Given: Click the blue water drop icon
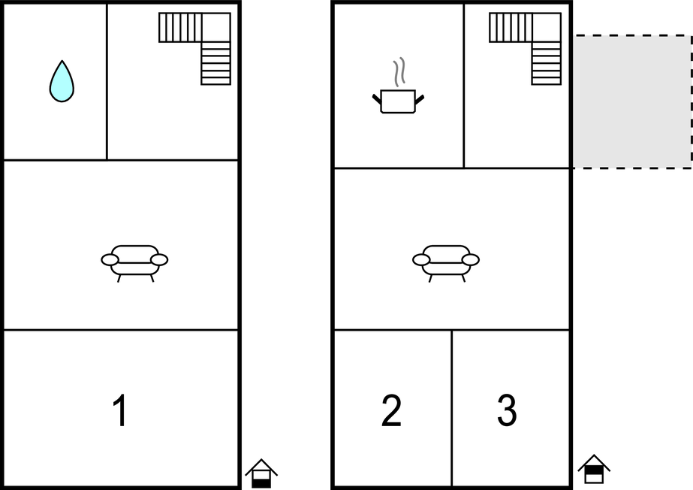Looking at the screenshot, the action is pos(62,82).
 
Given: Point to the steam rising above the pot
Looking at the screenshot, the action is pos(399,71).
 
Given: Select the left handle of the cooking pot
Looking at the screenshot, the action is pos(377,99).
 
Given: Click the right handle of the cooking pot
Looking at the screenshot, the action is pos(420,99).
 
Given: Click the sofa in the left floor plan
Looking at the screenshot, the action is pos(134,263).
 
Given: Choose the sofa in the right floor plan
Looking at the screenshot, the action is pos(446,263).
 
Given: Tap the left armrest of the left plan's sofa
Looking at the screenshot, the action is pos(110,260).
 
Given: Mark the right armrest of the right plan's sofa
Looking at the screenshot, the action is pos(471,260).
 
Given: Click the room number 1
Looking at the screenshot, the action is pos(120,410).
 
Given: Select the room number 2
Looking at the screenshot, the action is pos(391,410).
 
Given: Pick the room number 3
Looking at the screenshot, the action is pos(507,410).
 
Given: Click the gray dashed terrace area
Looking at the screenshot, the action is pos(632,101).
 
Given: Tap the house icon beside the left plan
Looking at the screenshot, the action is pos(261,473).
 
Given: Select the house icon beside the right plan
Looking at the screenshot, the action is pos(594,469).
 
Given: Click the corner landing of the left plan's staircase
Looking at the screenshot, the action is pos(215,27).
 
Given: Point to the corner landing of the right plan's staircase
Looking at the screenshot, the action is pos(547,27).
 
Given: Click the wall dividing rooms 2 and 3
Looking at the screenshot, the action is pos(452,408).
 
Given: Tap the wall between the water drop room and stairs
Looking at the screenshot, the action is pos(107,82).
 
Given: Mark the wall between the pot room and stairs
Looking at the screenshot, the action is pos(463,86).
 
